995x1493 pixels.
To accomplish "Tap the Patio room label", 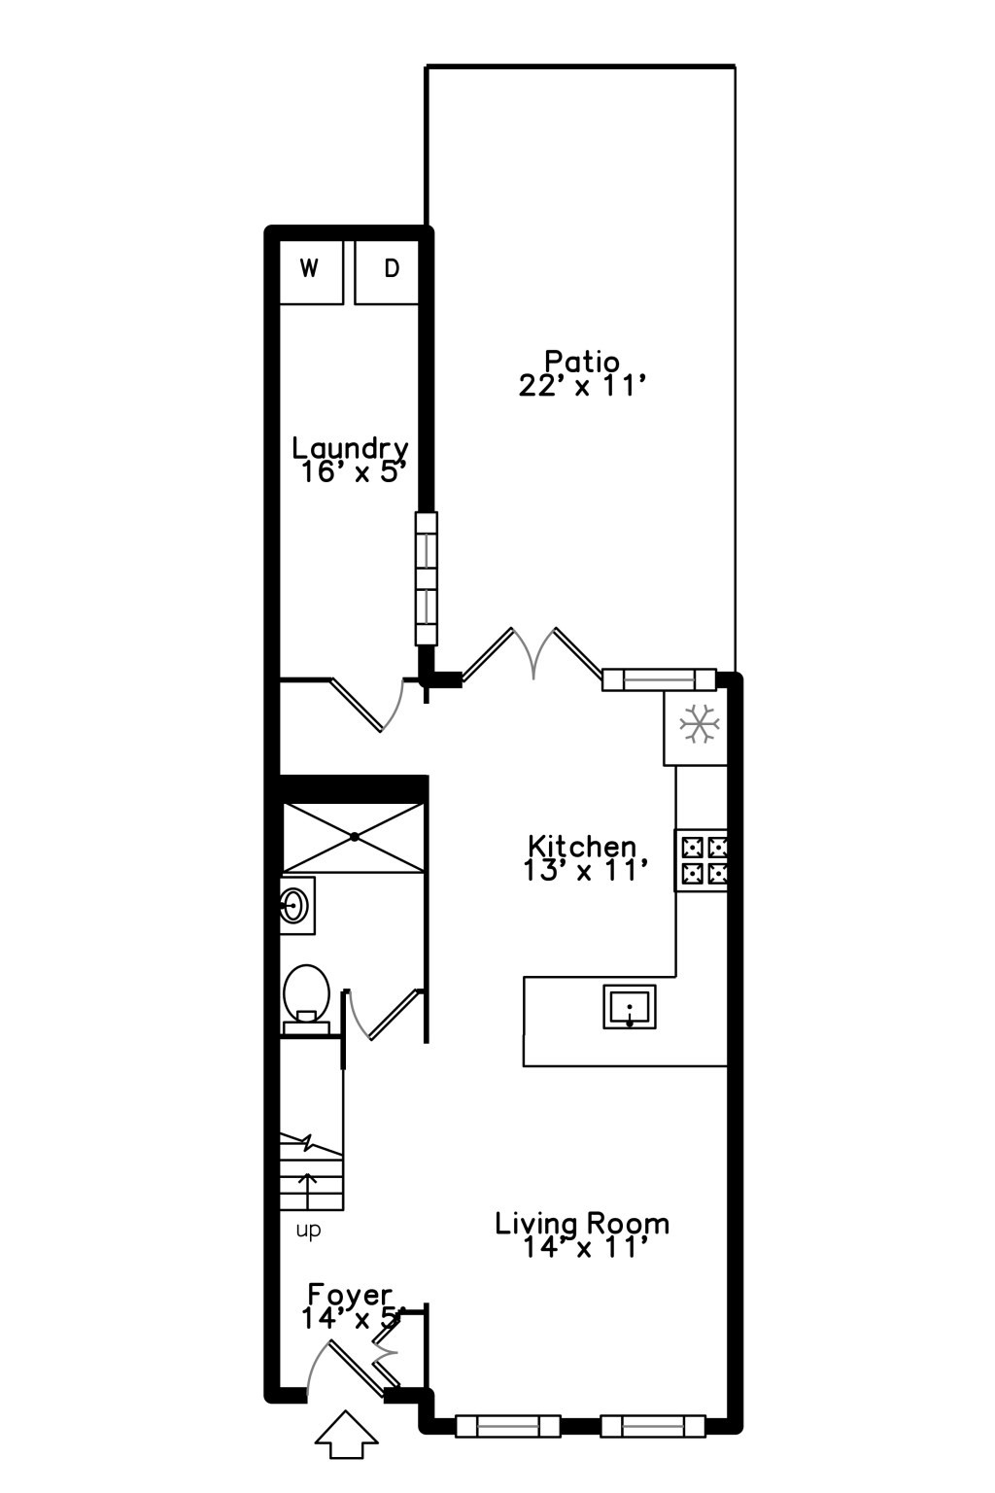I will point(581,362).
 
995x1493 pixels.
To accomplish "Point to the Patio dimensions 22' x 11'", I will point(582,386).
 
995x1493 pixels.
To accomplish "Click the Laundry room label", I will point(350,448).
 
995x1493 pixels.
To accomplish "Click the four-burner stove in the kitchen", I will point(702,860).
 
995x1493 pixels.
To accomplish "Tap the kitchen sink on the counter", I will point(630,1006).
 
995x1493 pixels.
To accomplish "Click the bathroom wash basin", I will point(295,905).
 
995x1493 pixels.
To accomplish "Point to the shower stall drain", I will point(355,837).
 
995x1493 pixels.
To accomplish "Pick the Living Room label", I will point(582,1223).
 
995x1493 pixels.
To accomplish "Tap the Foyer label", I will point(350,1295).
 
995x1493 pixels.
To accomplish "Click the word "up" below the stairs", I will point(308,1231).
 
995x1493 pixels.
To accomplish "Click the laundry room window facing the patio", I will point(426,578).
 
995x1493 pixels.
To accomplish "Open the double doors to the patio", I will point(532,653).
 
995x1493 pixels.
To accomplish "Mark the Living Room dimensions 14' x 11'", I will point(582,1247).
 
